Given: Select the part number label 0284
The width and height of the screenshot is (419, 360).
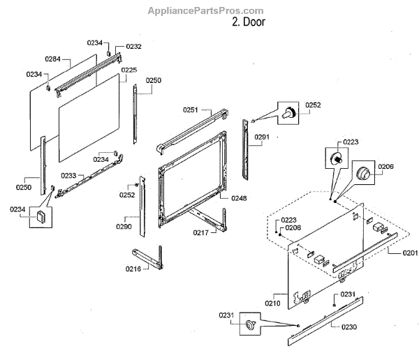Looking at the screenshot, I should (53, 59).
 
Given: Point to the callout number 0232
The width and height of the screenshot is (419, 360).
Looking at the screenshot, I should (133, 47).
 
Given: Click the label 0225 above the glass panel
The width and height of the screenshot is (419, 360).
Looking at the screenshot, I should (128, 70).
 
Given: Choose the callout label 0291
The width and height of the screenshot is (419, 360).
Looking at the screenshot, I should (262, 137).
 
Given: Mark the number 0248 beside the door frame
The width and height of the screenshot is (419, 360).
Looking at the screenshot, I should (238, 198).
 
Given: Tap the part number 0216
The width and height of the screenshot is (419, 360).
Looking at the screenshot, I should (133, 268).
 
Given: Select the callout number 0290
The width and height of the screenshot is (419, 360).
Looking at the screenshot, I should (124, 226).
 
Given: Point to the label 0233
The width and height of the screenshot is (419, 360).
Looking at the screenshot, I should (68, 175).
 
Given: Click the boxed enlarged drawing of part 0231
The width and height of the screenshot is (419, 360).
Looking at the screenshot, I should (250, 324).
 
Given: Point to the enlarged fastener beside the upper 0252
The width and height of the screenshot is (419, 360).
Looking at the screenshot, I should (288, 112).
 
